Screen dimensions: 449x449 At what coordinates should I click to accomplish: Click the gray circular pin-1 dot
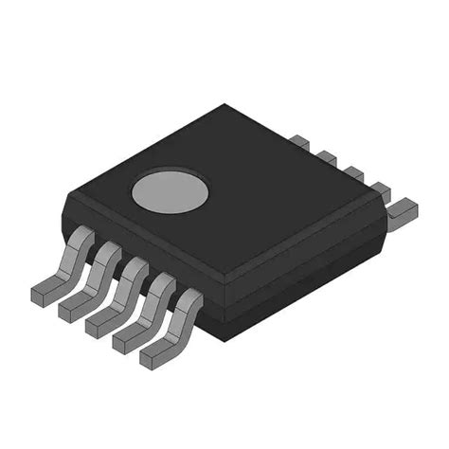click(170, 191)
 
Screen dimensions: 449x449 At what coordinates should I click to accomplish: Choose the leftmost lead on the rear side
click(299, 143)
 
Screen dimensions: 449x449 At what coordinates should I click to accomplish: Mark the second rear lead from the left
click(326, 157)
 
